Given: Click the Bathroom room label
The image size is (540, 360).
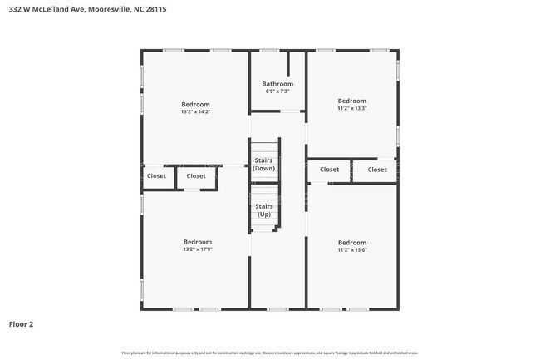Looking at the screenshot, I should [277, 84].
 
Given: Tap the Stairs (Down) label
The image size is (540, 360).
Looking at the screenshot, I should [264, 165].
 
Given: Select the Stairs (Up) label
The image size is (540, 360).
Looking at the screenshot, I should [264, 210].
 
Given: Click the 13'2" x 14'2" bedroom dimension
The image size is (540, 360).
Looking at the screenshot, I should [196, 111].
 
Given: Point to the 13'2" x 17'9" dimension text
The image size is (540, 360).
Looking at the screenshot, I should [198, 249].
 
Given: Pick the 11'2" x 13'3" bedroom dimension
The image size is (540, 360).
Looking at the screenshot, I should [352, 107].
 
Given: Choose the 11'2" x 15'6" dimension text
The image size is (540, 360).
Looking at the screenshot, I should [352, 249].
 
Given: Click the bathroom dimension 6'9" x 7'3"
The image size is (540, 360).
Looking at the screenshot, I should [277, 91].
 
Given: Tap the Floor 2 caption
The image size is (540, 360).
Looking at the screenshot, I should [21, 323].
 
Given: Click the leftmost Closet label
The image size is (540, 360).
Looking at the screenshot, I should [156, 175].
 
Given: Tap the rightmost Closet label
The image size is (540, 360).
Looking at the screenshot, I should [377, 170].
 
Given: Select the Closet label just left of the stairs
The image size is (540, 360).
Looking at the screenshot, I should [196, 175].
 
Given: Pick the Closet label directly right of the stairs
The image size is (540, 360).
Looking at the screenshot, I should [330, 170].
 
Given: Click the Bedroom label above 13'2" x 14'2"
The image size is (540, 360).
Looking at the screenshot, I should [196, 104].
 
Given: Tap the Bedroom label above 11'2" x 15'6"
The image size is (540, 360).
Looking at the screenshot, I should [352, 242].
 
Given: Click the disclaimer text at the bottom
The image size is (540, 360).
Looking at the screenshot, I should [270, 353].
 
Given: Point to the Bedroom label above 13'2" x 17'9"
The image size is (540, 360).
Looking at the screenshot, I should [198, 242].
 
